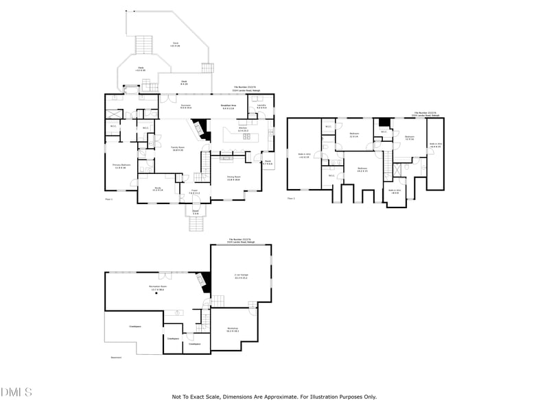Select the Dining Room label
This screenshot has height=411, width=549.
tap(233, 177)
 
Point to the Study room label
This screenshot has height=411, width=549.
tap(157, 189)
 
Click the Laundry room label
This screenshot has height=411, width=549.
tap(261, 106)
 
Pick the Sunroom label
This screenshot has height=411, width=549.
tap(186, 106)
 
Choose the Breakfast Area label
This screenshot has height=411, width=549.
tap(228, 106)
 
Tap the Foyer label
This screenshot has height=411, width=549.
tap(194, 192)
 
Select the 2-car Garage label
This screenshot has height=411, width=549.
tap(241, 276)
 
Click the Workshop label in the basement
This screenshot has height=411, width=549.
tap(233, 329)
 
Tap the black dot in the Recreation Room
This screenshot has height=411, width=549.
tap(156, 293)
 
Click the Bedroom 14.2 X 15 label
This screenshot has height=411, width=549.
tap(362, 169)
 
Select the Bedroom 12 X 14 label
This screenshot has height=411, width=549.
tap(354, 134)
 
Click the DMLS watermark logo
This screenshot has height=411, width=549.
tap(16, 393)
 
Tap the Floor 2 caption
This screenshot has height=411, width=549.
tap(291, 199)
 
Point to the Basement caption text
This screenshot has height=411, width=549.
tap(116, 357)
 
